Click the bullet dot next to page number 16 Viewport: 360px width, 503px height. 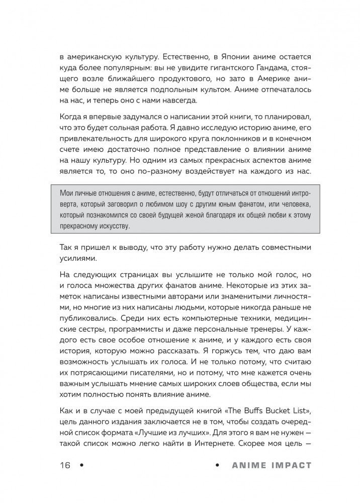[x=78, y=465]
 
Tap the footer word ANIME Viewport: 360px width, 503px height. [x=248, y=465]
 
